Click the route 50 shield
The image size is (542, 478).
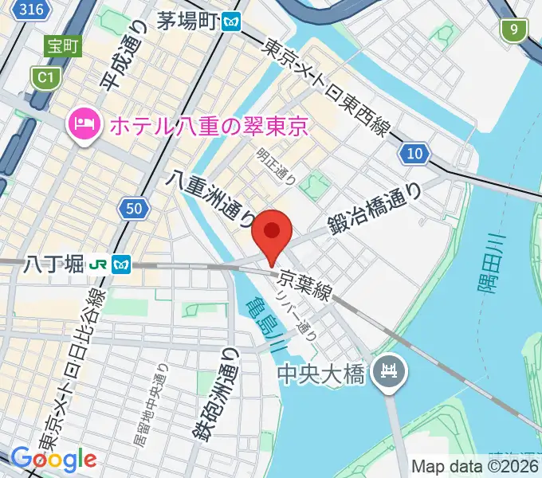135,210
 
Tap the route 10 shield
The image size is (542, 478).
414,154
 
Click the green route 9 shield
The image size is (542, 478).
514,31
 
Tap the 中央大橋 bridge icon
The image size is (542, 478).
391,370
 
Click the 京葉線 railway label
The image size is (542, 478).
304,284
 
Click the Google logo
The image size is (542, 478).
53,458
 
